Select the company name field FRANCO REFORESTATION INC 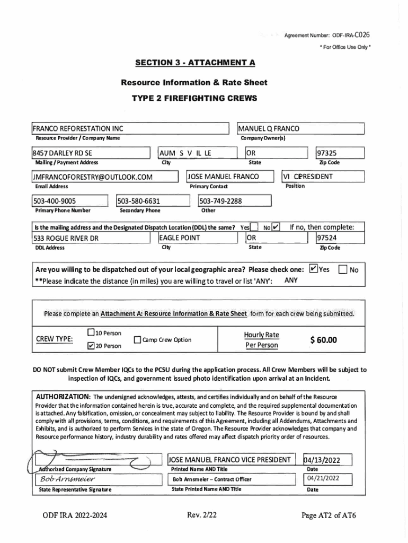click(x=78, y=129)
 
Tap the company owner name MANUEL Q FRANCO click(x=269, y=129)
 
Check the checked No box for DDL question click(x=276, y=228)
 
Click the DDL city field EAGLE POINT click(x=180, y=238)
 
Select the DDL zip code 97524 click(x=327, y=238)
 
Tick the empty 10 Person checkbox click(x=91, y=333)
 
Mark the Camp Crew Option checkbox click(x=138, y=340)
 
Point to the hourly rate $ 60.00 click(x=323, y=340)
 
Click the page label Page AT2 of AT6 click(x=329, y=515)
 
